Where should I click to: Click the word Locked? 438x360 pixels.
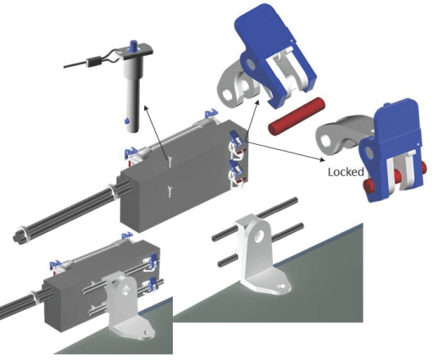pos(346,172)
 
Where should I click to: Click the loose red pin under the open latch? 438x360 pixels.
pos(297,116)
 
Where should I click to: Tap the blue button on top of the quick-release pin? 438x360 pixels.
pos(134,46)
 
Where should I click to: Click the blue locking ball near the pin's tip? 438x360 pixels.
pos(127,121)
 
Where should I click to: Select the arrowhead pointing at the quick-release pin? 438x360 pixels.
pos(146,108)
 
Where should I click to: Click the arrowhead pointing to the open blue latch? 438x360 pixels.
pos(257,102)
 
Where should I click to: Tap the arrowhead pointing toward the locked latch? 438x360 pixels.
pos(322,159)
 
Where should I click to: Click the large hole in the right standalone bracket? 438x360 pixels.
pos(259,236)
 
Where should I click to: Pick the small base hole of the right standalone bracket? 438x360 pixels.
pos(280,286)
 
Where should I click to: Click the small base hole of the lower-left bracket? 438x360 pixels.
pos(146,333)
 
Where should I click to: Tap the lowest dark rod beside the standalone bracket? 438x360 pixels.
pos(229,261)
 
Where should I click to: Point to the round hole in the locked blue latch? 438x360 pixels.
pos(369,152)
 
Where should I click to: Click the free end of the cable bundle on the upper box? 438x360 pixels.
pos(18,236)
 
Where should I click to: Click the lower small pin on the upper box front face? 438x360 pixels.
pos(169,191)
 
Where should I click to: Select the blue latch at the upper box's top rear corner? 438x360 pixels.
pos(212,114)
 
